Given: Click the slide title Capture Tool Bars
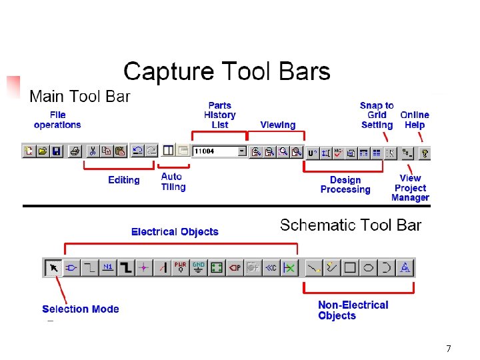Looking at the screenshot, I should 227,71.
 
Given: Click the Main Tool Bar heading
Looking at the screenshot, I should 80,97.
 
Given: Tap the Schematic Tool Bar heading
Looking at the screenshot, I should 351,225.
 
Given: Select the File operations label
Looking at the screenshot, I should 57,120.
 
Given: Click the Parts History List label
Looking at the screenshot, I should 219,115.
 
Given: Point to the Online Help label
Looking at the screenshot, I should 414,120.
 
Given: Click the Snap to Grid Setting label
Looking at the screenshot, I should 377,115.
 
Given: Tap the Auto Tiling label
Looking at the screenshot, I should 173,182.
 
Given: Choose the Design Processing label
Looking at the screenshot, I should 345,185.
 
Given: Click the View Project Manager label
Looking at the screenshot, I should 410,187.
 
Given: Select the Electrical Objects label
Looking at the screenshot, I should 175,232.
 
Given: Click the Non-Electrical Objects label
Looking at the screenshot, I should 353,310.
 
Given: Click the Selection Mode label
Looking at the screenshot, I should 80,309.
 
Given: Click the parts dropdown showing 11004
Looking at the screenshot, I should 219,151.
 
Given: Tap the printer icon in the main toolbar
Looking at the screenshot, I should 75,151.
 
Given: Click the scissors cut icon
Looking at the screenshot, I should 93,151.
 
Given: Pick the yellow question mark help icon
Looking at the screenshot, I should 425,153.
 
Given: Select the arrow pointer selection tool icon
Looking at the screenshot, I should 53,268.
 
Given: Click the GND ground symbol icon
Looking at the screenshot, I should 198,267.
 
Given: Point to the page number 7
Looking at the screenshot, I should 449,349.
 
